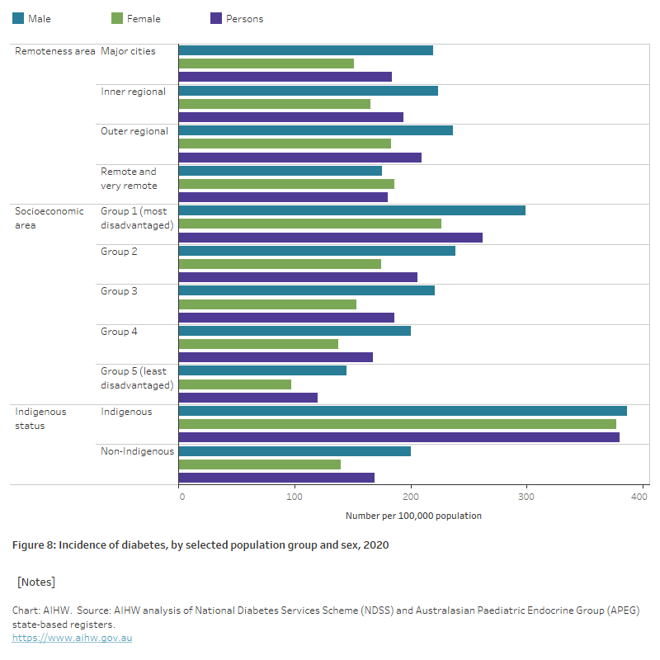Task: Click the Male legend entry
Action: pyautogui.click(x=32, y=18)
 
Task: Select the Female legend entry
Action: pyautogui.click(x=137, y=18)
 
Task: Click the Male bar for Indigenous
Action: pyautogui.click(x=403, y=411)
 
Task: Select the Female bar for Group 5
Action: pyautogui.click(x=235, y=384)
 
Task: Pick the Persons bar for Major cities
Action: pyautogui.click(x=285, y=77)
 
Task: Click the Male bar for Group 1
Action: pyautogui.click(x=352, y=210)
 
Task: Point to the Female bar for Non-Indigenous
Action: pyautogui.click(x=260, y=464)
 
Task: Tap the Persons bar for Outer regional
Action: pyautogui.click(x=300, y=158)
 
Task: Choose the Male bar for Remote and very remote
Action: pyautogui.click(x=280, y=171)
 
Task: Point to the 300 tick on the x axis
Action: pyautogui.click(x=526, y=496)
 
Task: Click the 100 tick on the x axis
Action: pyautogui.click(x=295, y=496)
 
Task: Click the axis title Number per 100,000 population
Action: pyautogui.click(x=413, y=516)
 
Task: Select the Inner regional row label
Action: pyautogui.click(x=134, y=92)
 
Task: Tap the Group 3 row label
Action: pyautogui.click(x=119, y=291)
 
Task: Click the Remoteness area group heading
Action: pyautogui.click(x=55, y=51)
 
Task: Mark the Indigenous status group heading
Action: pyautogui.click(x=40, y=418)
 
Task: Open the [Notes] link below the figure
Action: pyautogui.click(x=36, y=582)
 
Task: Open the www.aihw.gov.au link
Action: pyautogui.click(x=72, y=638)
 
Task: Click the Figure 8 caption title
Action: pyautogui.click(x=200, y=545)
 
